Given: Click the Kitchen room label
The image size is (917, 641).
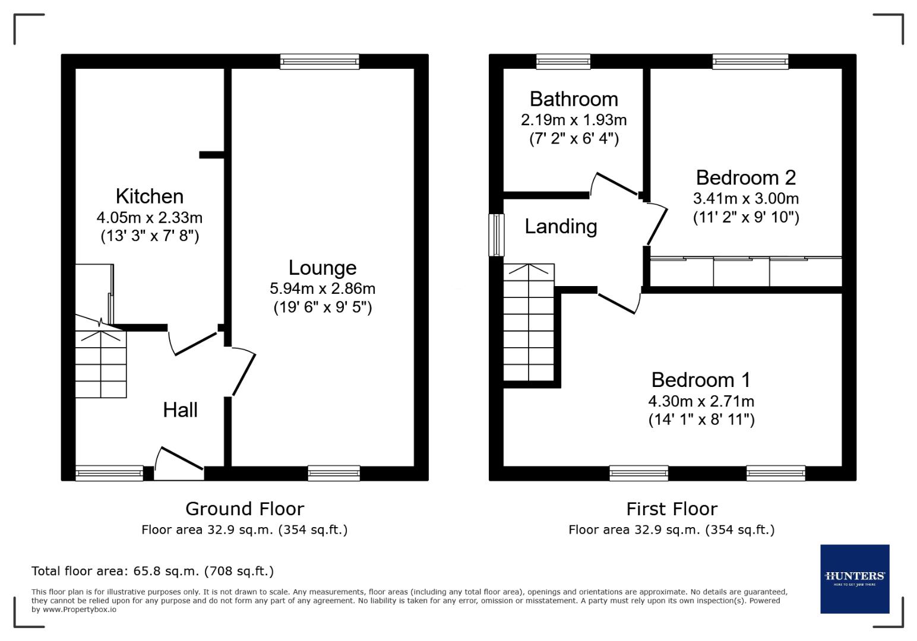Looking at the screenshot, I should click(149, 196).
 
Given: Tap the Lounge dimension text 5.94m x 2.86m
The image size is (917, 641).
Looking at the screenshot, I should click(322, 288).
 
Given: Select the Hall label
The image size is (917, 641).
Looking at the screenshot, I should click(180, 410).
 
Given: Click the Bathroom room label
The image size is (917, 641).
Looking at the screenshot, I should click(573, 99).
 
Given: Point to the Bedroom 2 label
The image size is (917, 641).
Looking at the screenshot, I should click(745, 177).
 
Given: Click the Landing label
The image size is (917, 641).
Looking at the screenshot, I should click(561, 226).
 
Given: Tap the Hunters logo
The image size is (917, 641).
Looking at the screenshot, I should click(854, 579).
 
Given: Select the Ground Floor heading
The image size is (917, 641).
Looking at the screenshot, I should click(244, 509).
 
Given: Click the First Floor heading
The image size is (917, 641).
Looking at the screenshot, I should click(671, 509).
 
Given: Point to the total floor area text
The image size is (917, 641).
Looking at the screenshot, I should click(153, 571).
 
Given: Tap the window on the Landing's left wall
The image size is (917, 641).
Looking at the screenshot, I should click(496, 235).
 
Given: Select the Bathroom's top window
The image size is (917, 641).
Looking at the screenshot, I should click(562, 62).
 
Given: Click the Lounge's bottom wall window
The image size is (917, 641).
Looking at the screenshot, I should click(334, 473).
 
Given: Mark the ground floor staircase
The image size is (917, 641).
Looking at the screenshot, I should click(100, 363).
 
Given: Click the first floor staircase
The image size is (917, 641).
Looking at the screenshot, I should click(529, 323).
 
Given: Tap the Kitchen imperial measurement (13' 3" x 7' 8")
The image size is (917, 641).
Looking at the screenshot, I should click(149, 236).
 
